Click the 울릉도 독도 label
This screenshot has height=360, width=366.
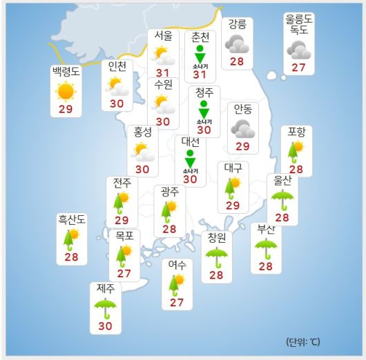tap(299, 25)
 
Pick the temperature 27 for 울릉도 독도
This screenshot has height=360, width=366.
tap(298, 68)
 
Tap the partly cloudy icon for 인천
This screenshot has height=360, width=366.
tap(117, 86)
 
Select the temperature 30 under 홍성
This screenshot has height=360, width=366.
tap(142, 169)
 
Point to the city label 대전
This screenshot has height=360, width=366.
tap(191, 142)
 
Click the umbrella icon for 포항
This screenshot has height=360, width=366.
tap(296, 150)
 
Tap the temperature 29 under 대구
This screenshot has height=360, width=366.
tap(233, 206)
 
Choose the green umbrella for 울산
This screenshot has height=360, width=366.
tap(282, 199)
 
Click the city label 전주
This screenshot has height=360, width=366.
tap(122, 183)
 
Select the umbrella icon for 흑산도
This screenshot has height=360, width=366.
tap(71, 238)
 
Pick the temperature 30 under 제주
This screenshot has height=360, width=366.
tap(106, 326)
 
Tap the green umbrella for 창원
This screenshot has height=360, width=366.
tap(217, 257)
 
